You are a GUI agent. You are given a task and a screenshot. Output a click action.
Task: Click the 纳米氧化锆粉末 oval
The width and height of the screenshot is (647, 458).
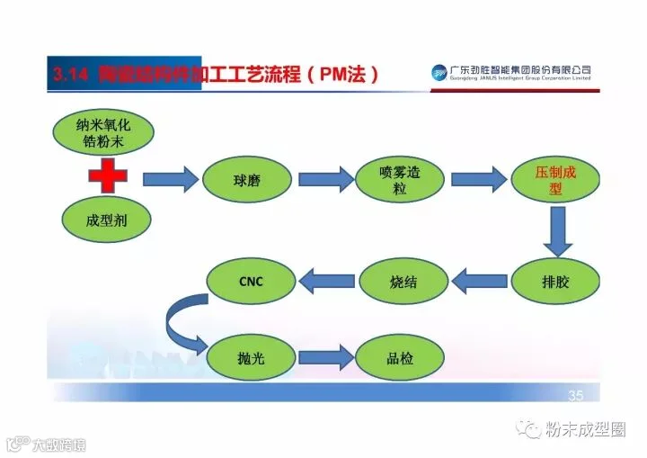103,136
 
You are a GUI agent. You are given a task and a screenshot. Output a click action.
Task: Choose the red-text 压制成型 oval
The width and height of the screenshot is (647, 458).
554,179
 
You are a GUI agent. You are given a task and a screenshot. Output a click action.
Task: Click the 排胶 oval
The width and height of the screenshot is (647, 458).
555,282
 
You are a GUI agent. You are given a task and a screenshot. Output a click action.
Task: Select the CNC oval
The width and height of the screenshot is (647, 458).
251,282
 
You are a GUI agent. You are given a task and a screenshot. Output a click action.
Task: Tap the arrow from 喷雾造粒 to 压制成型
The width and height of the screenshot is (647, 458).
476,179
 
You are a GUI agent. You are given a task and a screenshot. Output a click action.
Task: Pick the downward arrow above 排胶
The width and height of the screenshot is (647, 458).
557,231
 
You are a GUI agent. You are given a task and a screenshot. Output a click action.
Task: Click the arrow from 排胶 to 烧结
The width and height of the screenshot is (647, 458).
479,282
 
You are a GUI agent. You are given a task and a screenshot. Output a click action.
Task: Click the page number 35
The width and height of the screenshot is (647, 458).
576,396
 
